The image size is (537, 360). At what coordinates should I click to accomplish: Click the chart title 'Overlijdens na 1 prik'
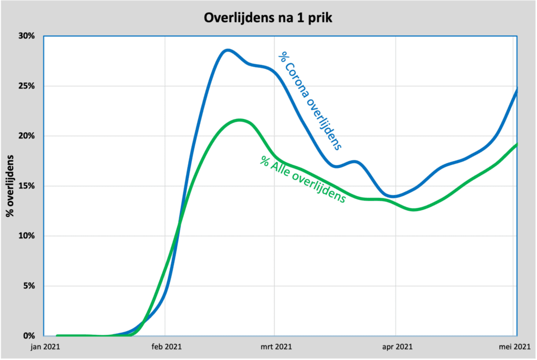268,18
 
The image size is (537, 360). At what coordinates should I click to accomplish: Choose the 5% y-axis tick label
29,286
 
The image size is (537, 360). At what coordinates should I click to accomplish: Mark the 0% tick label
29,336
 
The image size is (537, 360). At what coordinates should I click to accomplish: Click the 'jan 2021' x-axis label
44,346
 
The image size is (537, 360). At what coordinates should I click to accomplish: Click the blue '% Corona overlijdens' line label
313,100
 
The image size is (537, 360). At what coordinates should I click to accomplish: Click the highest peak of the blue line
227,50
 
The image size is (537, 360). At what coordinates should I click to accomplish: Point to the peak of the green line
239,120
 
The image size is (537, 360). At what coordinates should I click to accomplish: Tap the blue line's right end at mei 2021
517,90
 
